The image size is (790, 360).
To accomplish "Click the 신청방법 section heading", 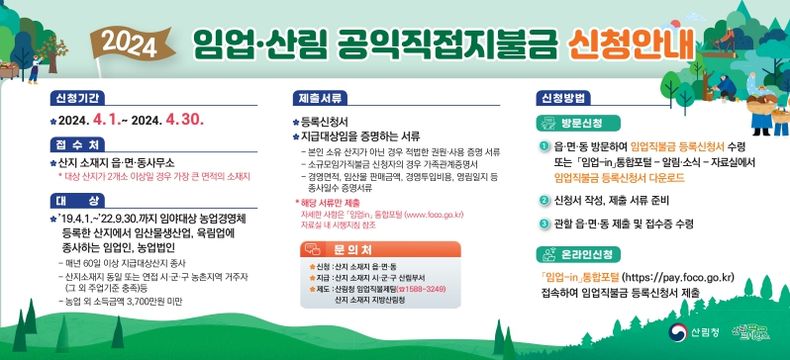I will pyautogui.click(x=562, y=98).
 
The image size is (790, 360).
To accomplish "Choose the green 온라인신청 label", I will pyautogui.click(x=581, y=255).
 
